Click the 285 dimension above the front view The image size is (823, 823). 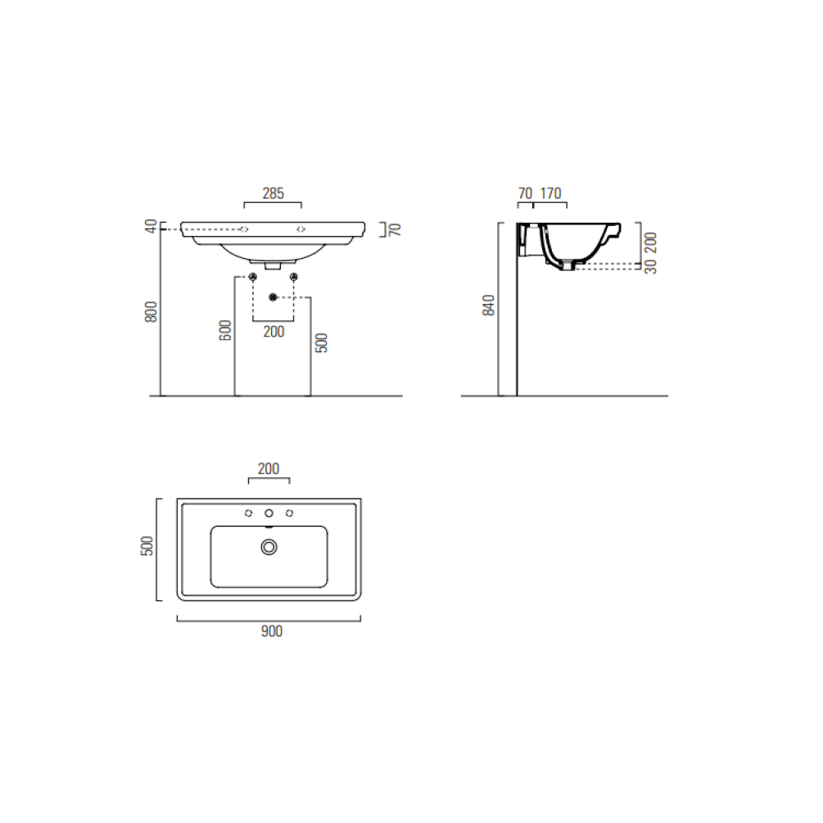273,194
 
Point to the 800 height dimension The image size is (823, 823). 151,313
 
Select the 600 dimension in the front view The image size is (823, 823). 226,330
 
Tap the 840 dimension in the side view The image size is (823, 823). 489,305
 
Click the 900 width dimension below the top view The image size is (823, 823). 271,631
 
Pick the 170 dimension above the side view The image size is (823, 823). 551,194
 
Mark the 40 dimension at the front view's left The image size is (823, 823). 151,227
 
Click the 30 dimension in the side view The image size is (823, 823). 651,267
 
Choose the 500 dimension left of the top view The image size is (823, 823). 147,546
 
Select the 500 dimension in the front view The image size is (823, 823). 321,342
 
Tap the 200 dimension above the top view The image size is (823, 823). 269,469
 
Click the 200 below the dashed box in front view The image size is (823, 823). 274,332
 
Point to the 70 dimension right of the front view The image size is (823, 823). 395,228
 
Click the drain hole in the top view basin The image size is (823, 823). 269,547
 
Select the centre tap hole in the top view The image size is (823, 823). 269,513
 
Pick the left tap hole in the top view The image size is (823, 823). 248,513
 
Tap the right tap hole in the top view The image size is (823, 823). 289,513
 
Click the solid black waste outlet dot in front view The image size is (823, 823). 274,296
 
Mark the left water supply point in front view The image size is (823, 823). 253,276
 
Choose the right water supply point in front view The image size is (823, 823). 293,276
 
